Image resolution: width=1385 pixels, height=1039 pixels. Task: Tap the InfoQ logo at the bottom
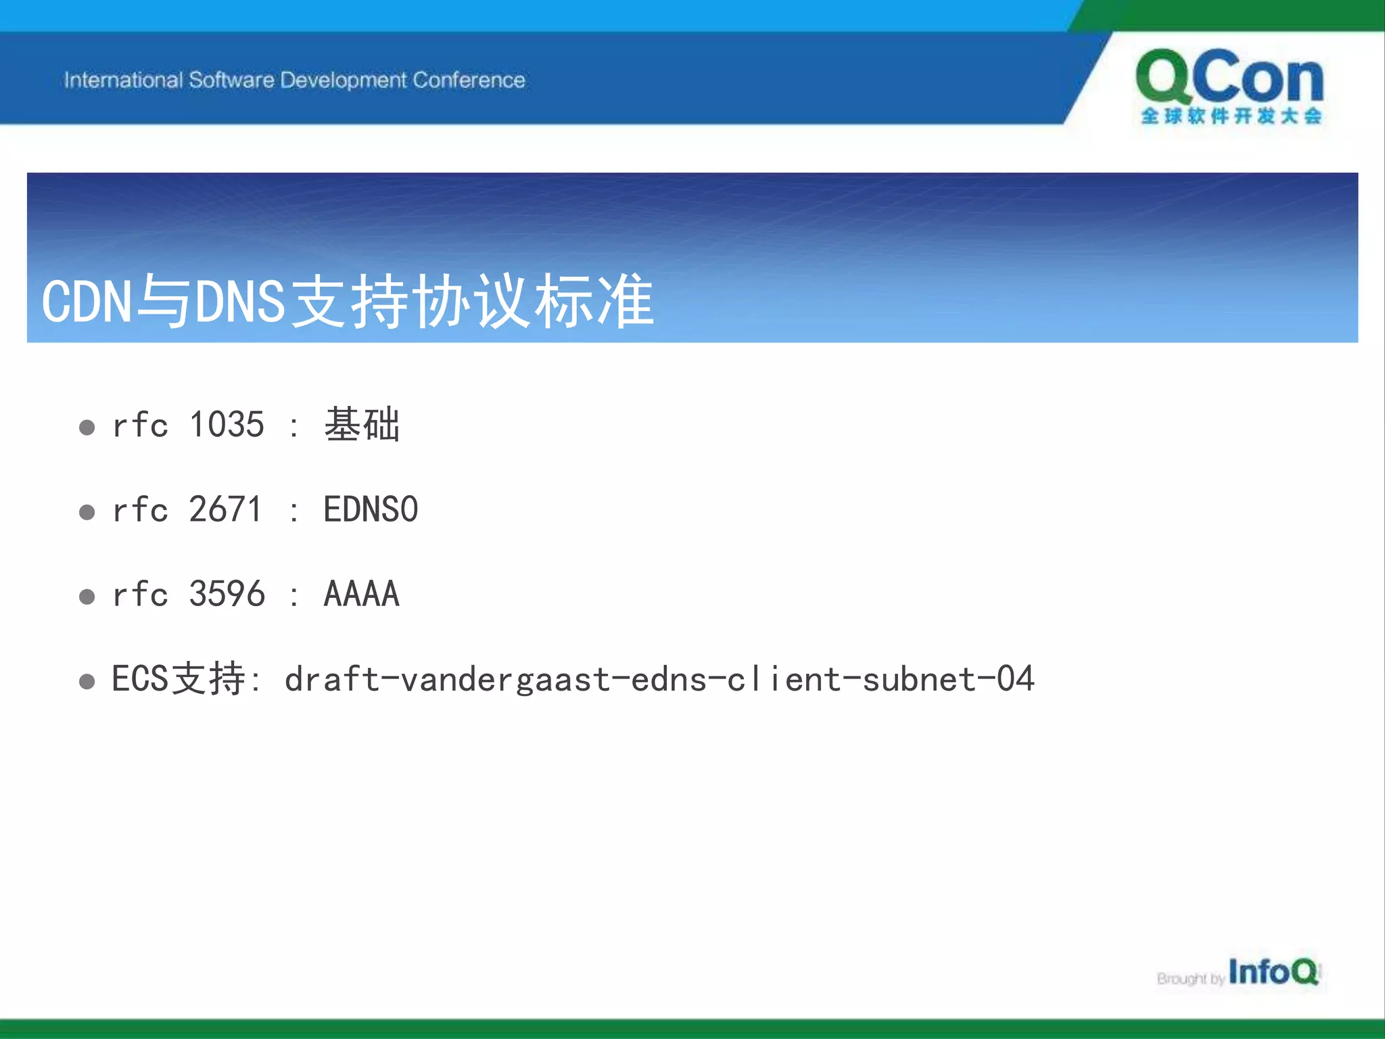point(1273,972)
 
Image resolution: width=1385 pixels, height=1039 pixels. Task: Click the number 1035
point(227,425)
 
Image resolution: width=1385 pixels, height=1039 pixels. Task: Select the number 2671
point(225,510)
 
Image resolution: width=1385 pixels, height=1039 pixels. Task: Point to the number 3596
point(227,595)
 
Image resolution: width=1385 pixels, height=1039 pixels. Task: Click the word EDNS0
point(371,510)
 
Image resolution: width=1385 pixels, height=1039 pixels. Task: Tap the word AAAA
point(362,595)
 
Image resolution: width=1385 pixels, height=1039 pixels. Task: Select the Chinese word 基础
point(362,425)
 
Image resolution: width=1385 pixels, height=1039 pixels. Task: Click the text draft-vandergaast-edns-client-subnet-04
point(659,679)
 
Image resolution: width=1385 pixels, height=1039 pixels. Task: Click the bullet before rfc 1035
point(87,428)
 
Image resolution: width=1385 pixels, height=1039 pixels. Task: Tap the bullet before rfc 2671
point(87,512)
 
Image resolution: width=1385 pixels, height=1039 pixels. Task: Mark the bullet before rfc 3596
point(87,597)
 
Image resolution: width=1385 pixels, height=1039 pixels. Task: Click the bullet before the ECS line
point(87,681)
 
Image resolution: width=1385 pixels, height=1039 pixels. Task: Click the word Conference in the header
point(469,80)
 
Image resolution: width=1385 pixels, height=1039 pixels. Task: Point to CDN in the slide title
point(86,302)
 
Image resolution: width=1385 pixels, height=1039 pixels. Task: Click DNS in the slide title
point(240,302)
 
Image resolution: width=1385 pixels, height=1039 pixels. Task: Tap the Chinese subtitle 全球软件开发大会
point(1231,116)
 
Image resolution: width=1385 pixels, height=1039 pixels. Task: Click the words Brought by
point(1190,979)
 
